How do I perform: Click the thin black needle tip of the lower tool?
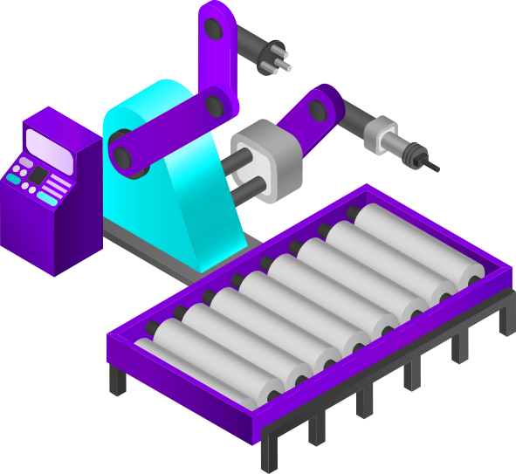click(x=433, y=167)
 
